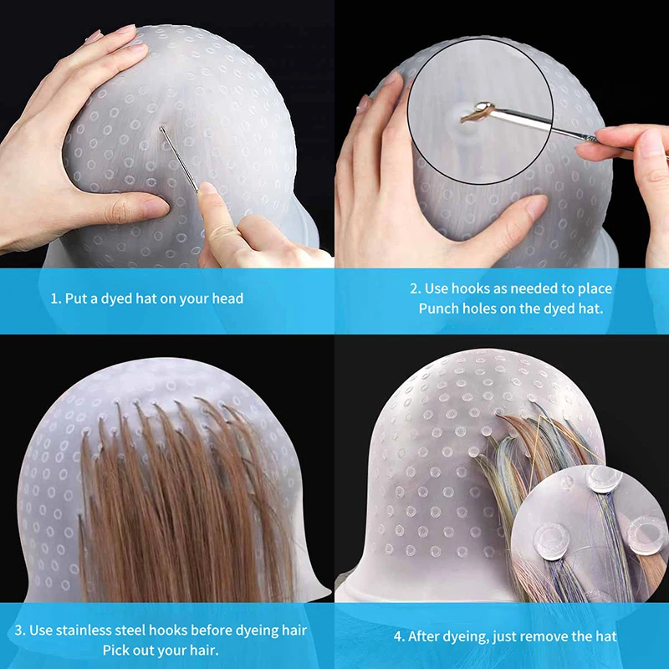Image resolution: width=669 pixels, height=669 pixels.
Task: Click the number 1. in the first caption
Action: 56,299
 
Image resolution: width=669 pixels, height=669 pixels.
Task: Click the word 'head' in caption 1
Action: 226,299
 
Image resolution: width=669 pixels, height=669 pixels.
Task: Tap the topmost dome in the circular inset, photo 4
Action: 604,478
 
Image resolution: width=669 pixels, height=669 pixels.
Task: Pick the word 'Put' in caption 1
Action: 77,299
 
